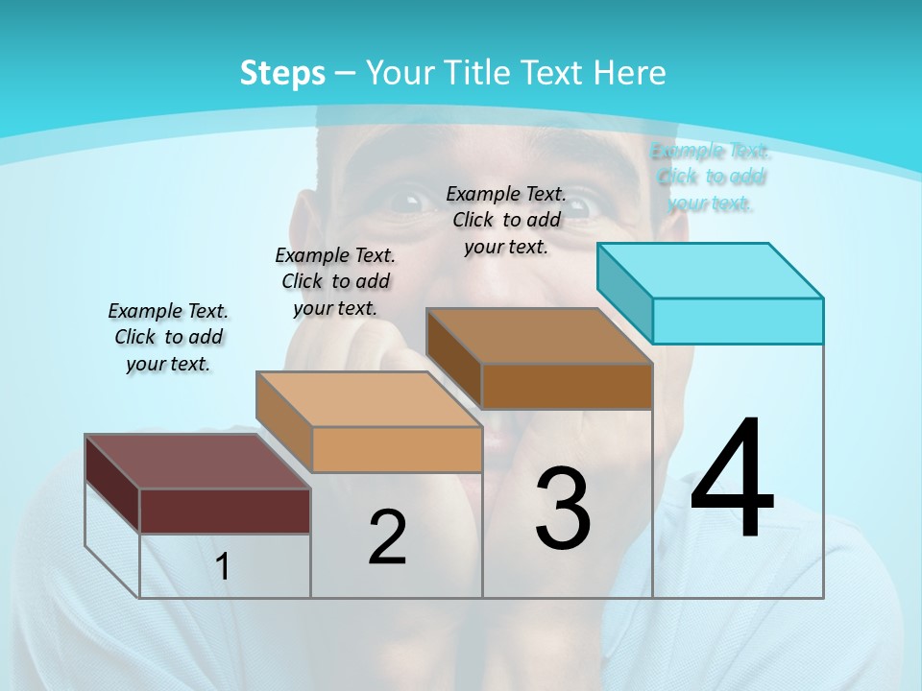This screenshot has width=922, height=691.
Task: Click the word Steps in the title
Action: [281, 73]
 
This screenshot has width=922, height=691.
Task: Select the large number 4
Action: [732, 480]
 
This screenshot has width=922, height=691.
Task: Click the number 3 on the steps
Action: [563, 509]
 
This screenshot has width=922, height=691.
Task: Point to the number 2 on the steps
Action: [387, 537]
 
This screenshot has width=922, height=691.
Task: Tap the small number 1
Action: [223, 567]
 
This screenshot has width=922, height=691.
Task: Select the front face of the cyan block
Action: [738, 321]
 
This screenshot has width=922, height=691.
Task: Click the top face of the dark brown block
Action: [539, 336]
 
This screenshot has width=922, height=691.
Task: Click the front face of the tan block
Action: [397, 449]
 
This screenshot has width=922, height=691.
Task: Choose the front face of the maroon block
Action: [225, 511]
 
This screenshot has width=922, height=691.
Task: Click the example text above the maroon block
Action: [168, 337]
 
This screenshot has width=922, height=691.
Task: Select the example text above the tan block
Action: [335, 281]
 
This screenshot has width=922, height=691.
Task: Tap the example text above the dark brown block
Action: [506, 220]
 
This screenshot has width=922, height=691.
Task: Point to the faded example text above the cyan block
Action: [711, 177]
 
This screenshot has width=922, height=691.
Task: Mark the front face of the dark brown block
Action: [567, 386]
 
